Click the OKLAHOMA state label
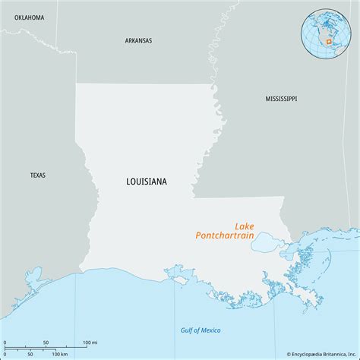coord(23,17)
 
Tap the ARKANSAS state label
coord(138,40)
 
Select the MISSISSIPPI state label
coord(281,99)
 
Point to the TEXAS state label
coord(38,175)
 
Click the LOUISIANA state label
coord(147,182)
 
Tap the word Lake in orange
coord(244,226)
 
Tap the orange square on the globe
coord(328,42)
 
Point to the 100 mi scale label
coord(90,343)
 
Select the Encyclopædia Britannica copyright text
coord(321,354)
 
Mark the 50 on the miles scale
coord(46,343)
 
